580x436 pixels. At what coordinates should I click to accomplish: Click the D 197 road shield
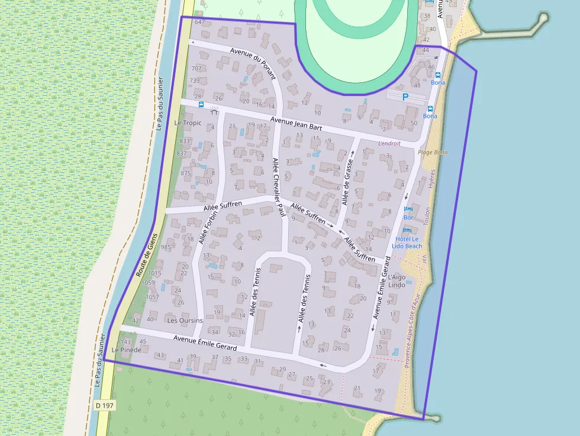pos(104,406)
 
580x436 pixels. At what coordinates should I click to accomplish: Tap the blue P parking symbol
pos(405,97)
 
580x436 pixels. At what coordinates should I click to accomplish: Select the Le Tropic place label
pos(188,123)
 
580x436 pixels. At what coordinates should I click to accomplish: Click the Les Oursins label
pos(185,321)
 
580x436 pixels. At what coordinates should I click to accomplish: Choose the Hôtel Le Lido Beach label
pos(407,242)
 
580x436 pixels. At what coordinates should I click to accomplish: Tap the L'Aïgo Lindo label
pos(397,280)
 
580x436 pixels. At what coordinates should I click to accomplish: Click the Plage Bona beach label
pos(433,152)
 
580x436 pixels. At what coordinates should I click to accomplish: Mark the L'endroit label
pos(389,143)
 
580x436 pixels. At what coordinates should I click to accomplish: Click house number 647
pos(199,22)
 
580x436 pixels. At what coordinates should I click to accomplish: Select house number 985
pos(166,247)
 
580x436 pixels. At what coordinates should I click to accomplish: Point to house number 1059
pos(149,282)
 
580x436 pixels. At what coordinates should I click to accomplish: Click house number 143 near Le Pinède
pos(125,341)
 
